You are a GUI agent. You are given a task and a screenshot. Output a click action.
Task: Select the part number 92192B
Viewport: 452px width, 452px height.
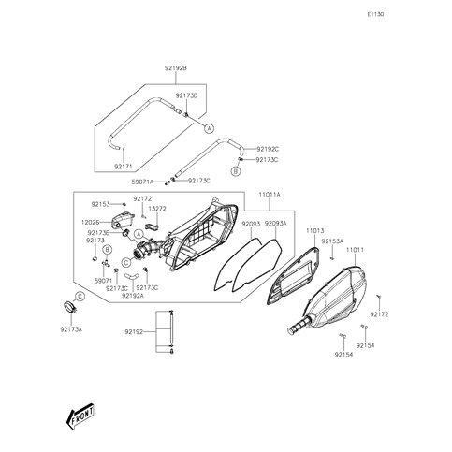point(176,69)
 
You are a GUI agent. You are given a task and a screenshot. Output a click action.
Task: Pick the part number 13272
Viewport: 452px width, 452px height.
point(158,210)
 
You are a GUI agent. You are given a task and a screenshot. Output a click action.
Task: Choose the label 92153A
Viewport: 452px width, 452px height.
point(332,241)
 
